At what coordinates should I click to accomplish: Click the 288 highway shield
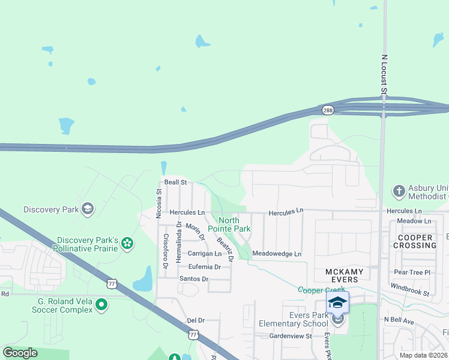(x=327, y=110)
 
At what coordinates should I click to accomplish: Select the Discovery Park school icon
(x=88, y=209)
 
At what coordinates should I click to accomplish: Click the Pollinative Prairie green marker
(x=127, y=243)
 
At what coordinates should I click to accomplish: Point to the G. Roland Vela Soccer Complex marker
(x=101, y=305)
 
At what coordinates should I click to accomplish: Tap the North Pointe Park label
(x=229, y=224)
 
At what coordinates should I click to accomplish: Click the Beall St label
(x=176, y=182)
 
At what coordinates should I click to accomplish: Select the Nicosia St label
(x=159, y=203)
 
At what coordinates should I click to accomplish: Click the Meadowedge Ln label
(x=277, y=254)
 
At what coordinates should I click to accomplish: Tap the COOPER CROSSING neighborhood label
(x=415, y=241)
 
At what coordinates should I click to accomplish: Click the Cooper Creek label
(x=321, y=290)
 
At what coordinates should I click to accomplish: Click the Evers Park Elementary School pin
(x=337, y=303)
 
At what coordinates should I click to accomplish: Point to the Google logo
(x=20, y=353)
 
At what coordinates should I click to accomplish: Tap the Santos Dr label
(x=194, y=279)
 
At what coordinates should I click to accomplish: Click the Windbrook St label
(x=410, y=290)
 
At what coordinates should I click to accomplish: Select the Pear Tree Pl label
(x=412, y=272)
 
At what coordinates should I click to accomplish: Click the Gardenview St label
(x=291, y=336)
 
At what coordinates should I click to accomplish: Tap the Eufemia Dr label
(x=205, y=266)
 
